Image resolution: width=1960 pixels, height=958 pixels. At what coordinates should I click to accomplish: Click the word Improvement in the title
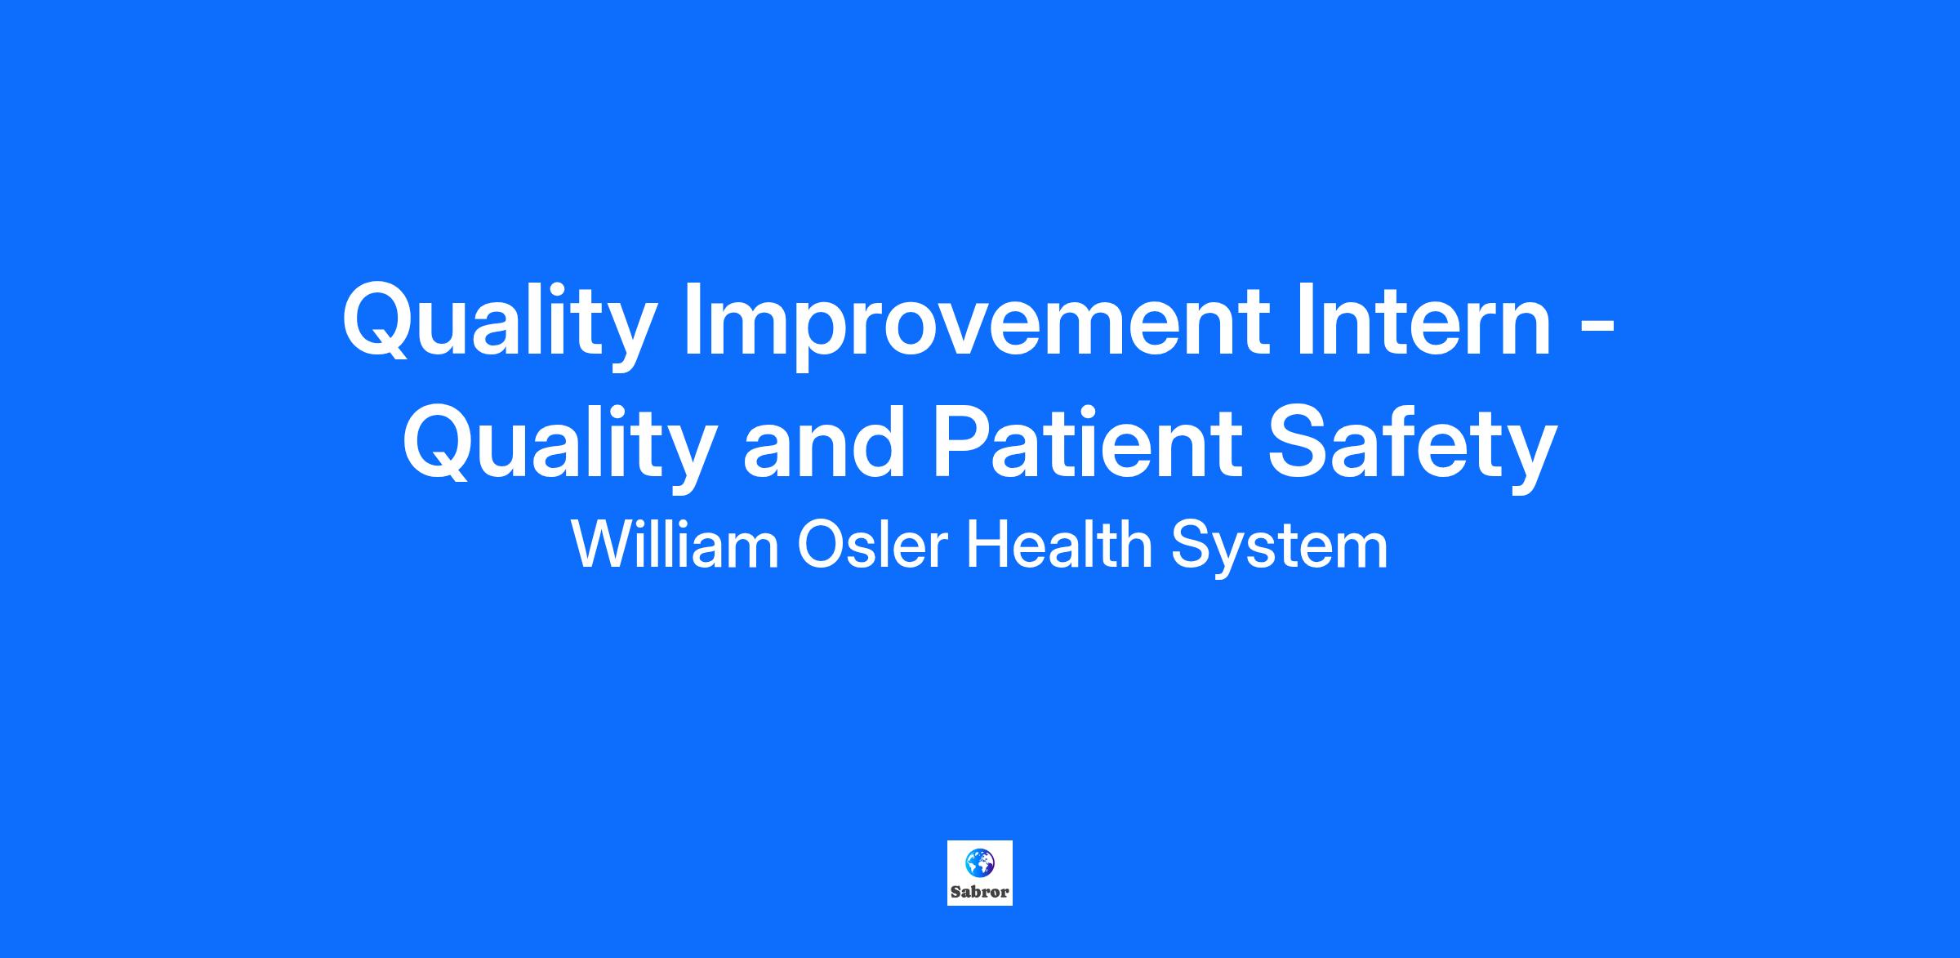tap(976, 325)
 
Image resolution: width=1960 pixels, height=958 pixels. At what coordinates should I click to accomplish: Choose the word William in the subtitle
tap(675, 545)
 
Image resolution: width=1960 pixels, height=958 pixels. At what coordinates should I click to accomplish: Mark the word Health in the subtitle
tap(1058, 545)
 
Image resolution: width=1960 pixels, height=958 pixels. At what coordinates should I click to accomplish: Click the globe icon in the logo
tap(980, 862)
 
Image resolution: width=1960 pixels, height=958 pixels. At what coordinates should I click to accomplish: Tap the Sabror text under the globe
tap(980, 891)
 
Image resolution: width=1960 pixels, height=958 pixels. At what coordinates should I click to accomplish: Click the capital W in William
tap(604, 545)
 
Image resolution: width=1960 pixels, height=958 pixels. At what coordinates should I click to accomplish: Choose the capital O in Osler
tap(821, 545)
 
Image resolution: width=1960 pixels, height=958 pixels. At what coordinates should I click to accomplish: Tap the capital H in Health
tap(986, 545)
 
